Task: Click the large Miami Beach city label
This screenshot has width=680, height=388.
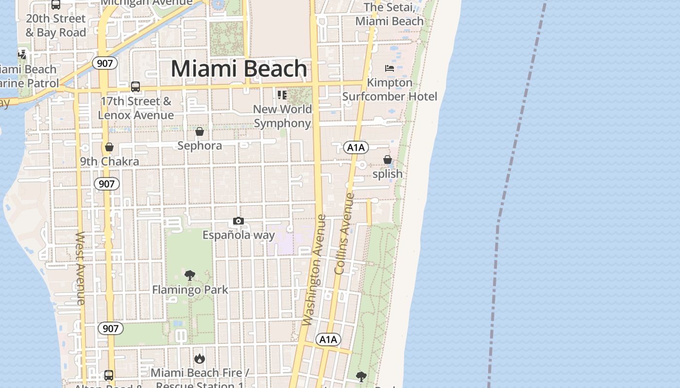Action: click(x=238, y=68)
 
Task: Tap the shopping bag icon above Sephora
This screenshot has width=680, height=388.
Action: click(x=200, y=131)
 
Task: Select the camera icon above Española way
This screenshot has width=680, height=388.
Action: click(x=238, y=221)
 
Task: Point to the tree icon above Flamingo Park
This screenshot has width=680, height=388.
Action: click(x=190, y=275)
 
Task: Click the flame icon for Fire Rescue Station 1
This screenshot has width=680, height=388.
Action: click(x=199, y=358)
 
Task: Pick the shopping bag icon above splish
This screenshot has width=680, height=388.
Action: click(x=387, y=160)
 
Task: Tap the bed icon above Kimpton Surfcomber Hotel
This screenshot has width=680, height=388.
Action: click(x=390, y=68)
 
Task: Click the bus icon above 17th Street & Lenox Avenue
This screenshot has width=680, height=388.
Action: click(x=136, y=87)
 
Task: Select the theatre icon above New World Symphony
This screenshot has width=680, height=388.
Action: click(x=282, y=95)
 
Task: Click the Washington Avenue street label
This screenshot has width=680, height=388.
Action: click(x=313, y=270)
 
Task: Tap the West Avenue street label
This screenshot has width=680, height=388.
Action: click(x=81, y=268)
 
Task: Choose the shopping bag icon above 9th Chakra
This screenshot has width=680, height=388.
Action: click(x=109, y=147)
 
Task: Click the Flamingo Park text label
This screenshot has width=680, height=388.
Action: click(x=190, y=290)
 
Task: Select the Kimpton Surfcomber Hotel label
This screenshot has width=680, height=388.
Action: click(x=390, y=90)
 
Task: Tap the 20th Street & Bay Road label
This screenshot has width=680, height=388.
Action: click(x=56, y=26)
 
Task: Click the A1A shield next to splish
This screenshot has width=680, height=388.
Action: click(x=356, y=147)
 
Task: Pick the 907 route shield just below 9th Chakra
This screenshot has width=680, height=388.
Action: click(x=106, y=183)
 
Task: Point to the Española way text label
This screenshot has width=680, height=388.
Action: click(x=238, y=235)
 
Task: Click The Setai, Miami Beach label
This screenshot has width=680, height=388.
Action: click(x=390, y=14)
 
